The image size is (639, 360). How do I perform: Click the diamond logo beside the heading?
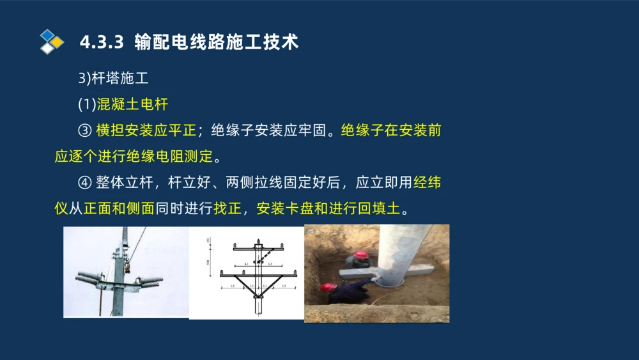click(52, 42)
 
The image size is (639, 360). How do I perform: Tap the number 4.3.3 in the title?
click(101, 42)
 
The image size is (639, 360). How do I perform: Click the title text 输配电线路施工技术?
click(217, 42)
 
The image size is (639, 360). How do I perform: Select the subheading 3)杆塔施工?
click(113, 79)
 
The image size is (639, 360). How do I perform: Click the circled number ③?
click(84, 131)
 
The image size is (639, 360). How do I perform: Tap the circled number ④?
click(84, 183)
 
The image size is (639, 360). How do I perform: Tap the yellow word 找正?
click(227, 208)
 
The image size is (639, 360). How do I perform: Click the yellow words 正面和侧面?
click(119, 208)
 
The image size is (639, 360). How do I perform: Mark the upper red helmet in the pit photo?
click(362, 255)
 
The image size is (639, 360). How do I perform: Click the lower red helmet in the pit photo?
click(329, 287)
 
